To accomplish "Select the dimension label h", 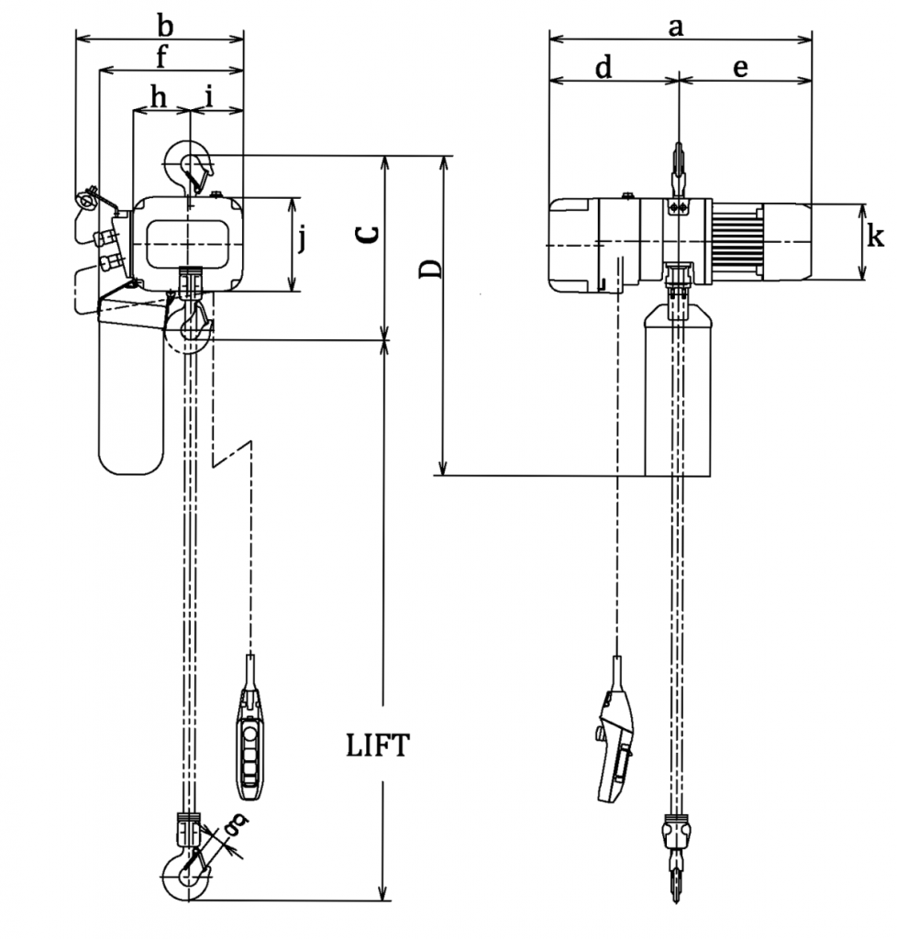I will [x=159, y=96].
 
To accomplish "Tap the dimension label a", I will [x=676, y=28].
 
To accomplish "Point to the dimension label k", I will [x=875, y=238].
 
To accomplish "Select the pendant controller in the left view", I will [x=250, y=743].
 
